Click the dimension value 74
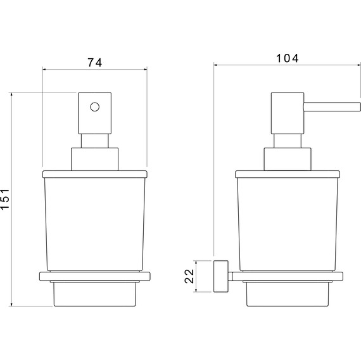(94, 63)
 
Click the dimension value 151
(5, 199)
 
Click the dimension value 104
(287, 58)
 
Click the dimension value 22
(189, 276)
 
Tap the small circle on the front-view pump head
(94, 107)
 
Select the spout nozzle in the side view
(332, 107)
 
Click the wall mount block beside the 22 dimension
(221, 276)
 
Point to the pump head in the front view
(94, 113)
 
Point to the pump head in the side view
(288, 113)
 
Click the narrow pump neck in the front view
(94, 141)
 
